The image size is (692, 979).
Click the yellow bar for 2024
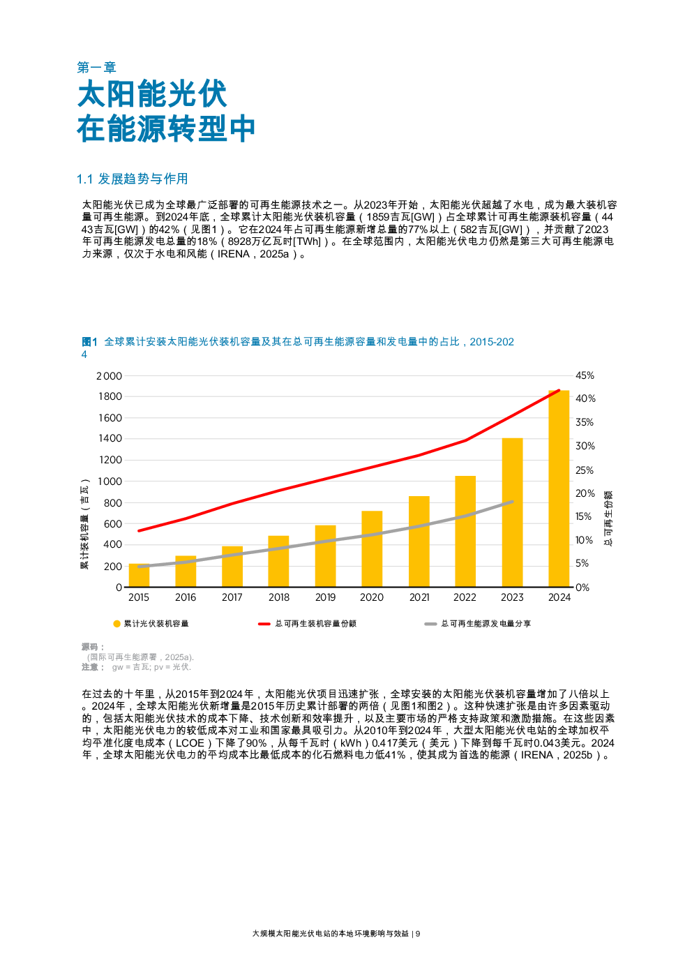tap(559, 488)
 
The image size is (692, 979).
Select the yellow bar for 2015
tap(139, 575)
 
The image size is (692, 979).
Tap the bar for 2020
tap(372, 548)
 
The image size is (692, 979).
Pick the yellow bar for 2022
tap(465, 531)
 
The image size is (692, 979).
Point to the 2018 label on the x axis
tap(278, 597)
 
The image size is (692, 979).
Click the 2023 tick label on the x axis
tap(512, 597)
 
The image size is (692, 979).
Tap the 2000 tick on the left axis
tap(109, 376)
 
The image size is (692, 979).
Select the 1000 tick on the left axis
tap(110, 481)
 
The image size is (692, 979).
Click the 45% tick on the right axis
tap(585, 375)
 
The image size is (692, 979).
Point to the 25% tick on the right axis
tap(585, 470)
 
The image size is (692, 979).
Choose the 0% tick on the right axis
tap(582, 588)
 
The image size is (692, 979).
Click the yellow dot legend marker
tap(116, 624)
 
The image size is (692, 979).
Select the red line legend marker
tap(264, 624)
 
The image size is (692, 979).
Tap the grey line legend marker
tap(430, 624)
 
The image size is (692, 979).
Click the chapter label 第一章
tap(96, 68)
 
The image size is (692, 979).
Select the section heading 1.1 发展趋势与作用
tap(132, 179)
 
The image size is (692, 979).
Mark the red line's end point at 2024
tap(559, 391)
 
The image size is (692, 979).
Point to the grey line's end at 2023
tap(512, 502)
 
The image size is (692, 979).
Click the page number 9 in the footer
tap(418, 934)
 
